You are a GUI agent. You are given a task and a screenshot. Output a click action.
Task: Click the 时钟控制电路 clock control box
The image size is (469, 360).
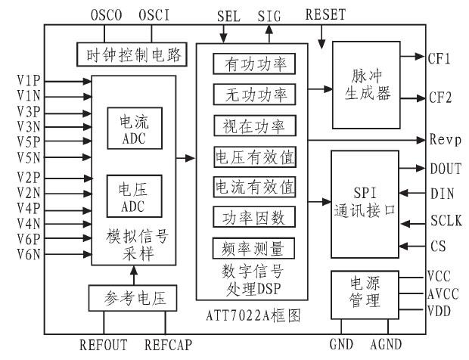pos(126,54)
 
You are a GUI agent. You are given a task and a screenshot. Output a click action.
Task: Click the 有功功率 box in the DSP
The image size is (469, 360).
pos(253,65)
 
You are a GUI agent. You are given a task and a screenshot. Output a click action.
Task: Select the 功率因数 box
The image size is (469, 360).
pos(253,218)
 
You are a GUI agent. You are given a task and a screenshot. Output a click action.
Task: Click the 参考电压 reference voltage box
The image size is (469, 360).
pos(133,297)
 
